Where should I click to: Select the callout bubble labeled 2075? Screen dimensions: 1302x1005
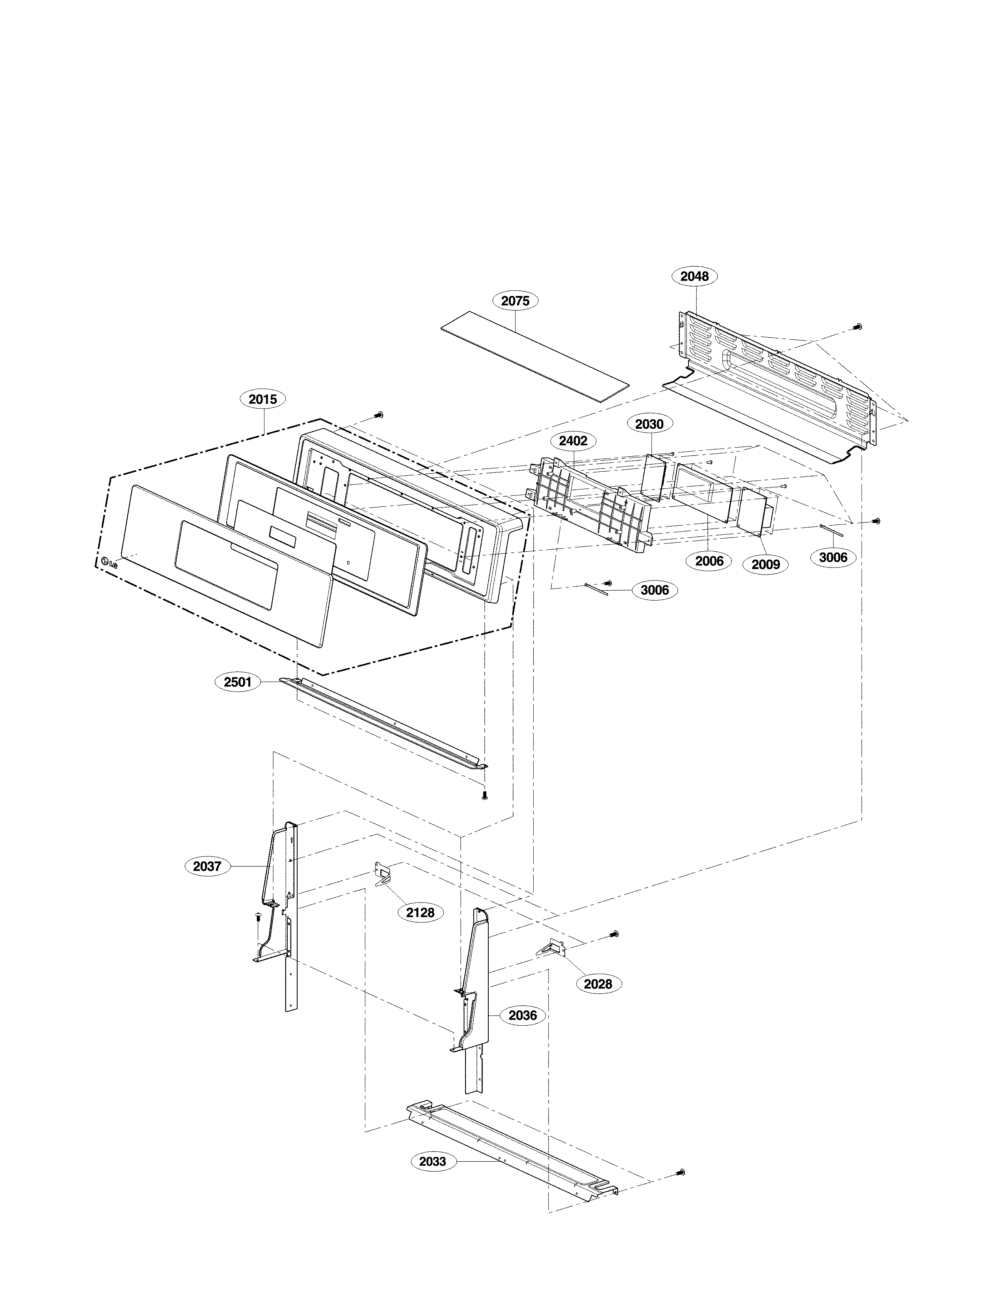tap(515, 301)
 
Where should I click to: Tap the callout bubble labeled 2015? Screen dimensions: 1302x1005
tap(263, 400)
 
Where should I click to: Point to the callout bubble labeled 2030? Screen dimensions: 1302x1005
tap(649, 424)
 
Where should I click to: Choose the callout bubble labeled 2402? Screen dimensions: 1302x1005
tap(573, 441)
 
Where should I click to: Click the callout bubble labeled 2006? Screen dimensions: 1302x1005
tap(709, 561)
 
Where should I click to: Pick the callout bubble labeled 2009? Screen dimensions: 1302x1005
tap(765, 564)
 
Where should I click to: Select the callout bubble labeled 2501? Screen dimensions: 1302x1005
tap(237, 682)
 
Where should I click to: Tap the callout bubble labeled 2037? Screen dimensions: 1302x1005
tap(207, 866)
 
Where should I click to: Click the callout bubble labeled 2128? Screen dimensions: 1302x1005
tap(420, 912)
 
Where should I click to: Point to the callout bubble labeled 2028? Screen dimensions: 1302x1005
tap(598, 984)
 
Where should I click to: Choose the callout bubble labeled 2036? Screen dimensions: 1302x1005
tap(522, 1015)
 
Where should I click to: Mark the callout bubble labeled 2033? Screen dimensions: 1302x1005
tap(432, 1161)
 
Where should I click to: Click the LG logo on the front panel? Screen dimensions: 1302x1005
tap(109, 562)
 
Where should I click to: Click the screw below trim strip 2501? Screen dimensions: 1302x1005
tap(484, 795)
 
